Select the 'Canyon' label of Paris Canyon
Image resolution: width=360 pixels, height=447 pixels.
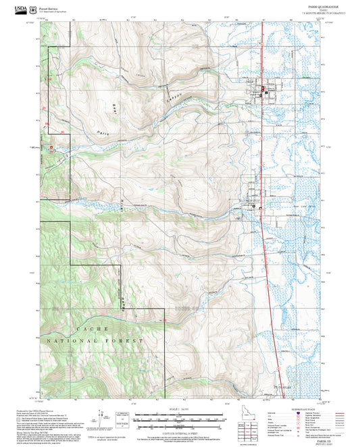(174, 99)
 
